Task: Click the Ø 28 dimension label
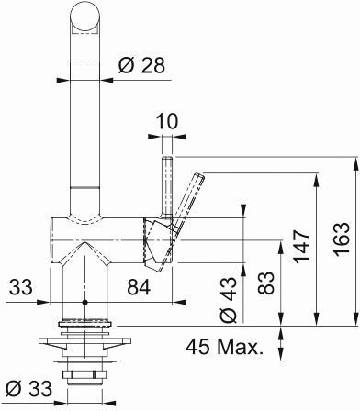coord(141,65)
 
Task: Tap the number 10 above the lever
coord(167,121)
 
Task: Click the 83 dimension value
coord(265,283)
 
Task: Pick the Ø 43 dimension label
coord(229,300)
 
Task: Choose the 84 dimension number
coord(139,287)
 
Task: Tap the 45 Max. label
coord(224,347)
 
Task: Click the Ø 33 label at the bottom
coord(29,389)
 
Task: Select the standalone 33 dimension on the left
coord(20,287)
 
